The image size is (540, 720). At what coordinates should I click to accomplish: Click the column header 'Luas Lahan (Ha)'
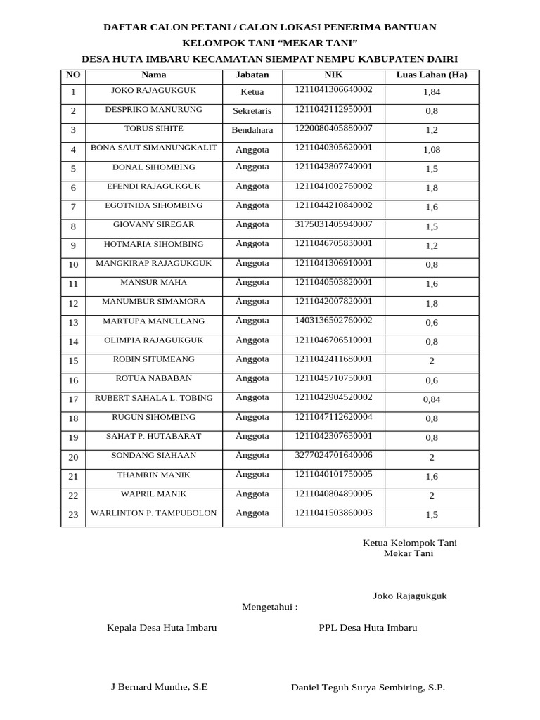click(431, 75)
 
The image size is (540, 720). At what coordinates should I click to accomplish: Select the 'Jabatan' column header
click(252, 75)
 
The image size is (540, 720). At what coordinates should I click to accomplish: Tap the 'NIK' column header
click(333, 74)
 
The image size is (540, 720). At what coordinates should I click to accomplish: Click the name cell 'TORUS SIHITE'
click(153, 129)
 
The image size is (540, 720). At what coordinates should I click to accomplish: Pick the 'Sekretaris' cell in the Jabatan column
click(252, 111)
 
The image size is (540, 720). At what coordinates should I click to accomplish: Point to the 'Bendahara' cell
click(252, 130)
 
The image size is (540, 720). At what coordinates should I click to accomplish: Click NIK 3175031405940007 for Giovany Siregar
click(333, 224)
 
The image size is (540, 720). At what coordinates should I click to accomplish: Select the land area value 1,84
click(431, 92)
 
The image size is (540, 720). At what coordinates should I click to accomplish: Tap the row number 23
click(73, 515)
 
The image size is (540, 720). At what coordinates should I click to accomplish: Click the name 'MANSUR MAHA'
click(153, 282)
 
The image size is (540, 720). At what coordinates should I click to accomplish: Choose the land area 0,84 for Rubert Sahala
click(431, 399)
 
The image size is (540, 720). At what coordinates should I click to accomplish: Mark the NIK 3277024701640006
click(333, 455)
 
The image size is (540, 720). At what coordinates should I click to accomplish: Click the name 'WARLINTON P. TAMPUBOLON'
click(153, 513)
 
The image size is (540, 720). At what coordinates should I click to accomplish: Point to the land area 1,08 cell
click(431, 150)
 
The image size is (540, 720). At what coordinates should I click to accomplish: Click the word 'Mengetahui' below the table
click(269, 607)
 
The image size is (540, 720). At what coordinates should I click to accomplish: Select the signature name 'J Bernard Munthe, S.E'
click(160, 687)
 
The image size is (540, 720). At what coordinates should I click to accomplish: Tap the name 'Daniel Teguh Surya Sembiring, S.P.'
click(368, 688)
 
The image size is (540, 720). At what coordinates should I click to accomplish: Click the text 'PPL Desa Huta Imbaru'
click(368, 627)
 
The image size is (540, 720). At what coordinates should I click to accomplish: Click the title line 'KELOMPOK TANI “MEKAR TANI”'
click(270, 43)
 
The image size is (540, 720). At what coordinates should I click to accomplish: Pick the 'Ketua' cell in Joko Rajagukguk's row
click(252, 91)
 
